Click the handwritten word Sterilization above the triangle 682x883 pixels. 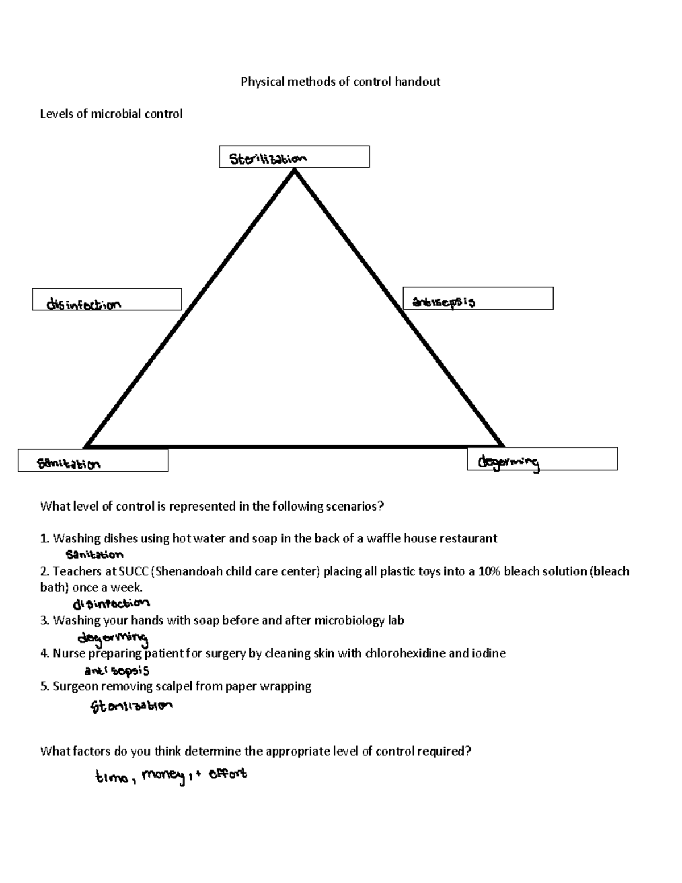click(268, 159)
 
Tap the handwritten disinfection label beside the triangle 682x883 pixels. click(84, 305)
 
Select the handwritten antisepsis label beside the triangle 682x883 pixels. click(443, 302)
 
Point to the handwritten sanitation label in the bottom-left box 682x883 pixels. click(69, 464)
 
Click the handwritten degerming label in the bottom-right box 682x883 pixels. click(508, 463)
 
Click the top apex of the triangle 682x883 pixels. click(294, 171)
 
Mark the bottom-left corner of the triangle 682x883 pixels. click(86, 446)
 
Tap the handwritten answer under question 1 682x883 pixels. click(94, 554)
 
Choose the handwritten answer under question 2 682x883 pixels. click(111, 603)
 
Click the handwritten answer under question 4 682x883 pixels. click(117, 670)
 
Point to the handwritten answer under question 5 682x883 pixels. click(131, 706)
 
